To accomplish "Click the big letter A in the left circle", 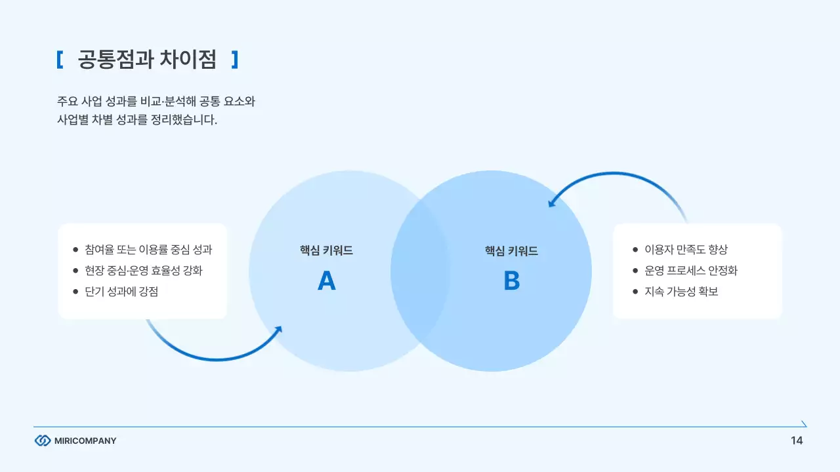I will (x=326, y=281).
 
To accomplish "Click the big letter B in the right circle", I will (x=511, y=281).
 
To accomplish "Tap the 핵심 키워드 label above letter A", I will (x=326, y=250).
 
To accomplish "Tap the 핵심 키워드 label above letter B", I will (x=511, y=250).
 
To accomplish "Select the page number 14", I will (x=797, y=441).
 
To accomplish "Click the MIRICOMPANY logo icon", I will (x=42, y=441).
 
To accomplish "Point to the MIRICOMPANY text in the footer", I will (x=85, y=441).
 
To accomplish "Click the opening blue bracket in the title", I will (x=59, y=60).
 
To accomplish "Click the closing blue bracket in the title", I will (x=235, y=60).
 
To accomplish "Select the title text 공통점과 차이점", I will (x=146, y=60).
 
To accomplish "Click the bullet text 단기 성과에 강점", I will (x=121, y=292).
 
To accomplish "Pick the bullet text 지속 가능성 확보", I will (x=681, y=292).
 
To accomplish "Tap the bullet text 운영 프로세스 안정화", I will (x=690, y=271).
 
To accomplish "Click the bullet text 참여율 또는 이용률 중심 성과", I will (x=148, y=250).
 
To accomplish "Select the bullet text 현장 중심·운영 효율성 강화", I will (x=144, y=271).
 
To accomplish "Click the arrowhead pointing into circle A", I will (x=278, y=330).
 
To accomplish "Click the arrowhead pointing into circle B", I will (x=552, y=203).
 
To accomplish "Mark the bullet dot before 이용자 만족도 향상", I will (x=635, y=250).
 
